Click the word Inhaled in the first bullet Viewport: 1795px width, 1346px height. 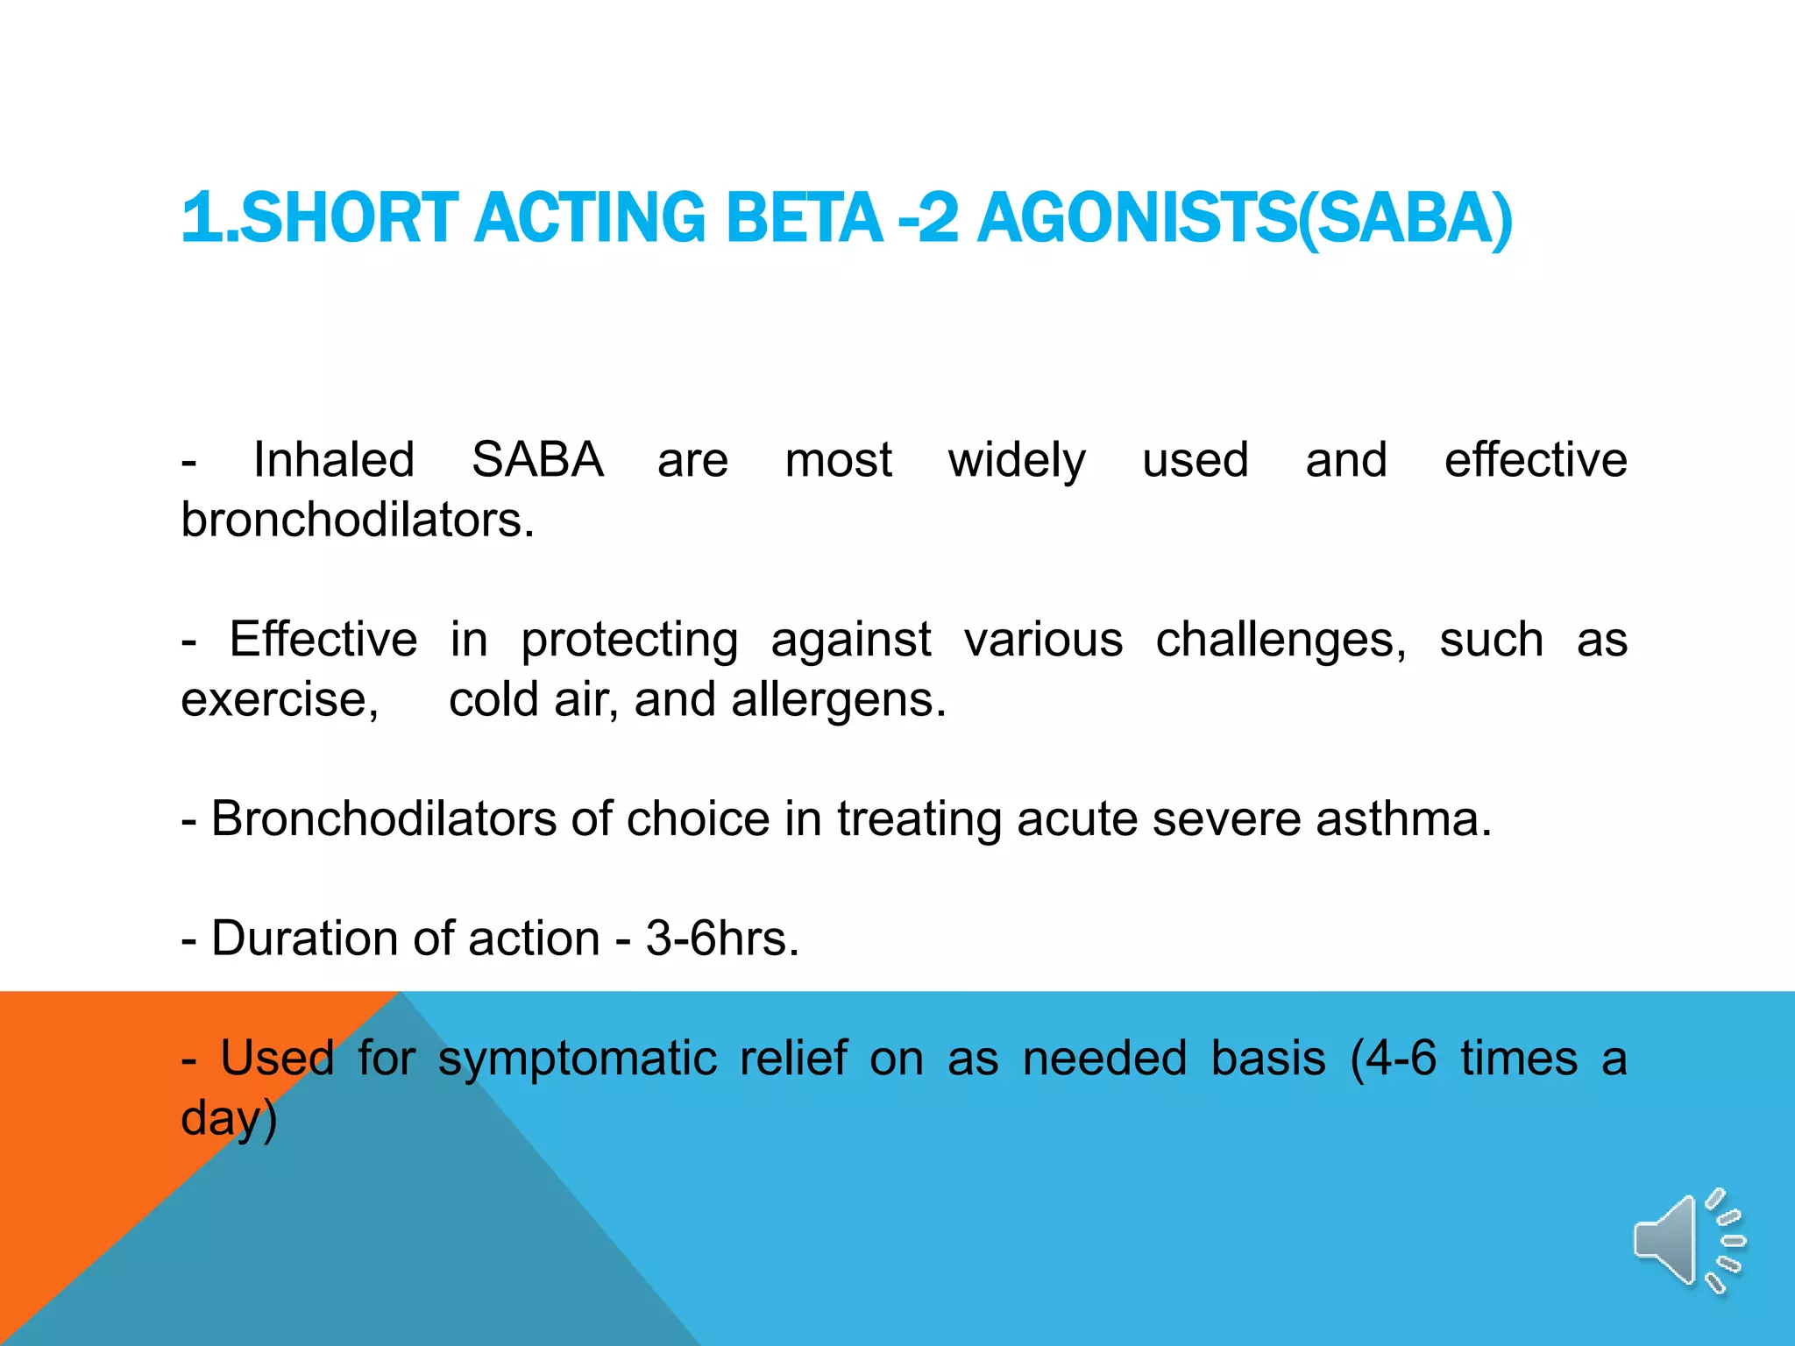tap(334, 459)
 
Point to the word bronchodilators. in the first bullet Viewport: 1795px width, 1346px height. tap(358, 520)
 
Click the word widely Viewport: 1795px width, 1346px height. tap(1017, 461)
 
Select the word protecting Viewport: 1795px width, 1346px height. tap(629, 641)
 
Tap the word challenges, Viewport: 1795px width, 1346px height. tap(1281, 641)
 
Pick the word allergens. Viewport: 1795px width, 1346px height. tap(839, 700)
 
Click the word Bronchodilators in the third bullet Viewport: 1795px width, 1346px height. tap(384, 818)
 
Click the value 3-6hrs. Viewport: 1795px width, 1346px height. tap(722, 939)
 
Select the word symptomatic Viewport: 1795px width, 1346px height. tap(578, 1059)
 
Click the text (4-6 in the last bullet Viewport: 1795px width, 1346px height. tap(1394, 1058)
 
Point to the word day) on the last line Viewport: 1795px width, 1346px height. tap(229, 1119)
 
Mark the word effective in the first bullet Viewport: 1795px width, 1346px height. tap(1536, 459)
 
